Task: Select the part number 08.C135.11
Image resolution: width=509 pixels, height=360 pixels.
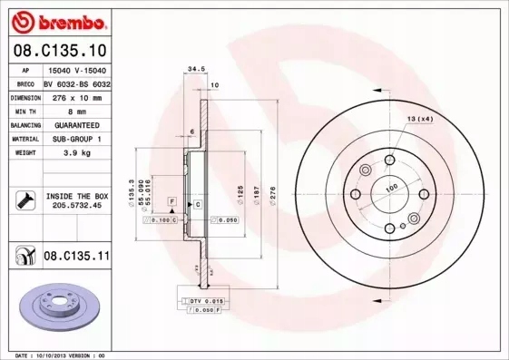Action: click(x=76, y=258)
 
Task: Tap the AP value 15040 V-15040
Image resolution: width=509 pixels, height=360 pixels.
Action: click(x=76, y=71)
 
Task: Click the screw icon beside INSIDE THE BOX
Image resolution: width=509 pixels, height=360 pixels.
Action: click(x=25, y=200)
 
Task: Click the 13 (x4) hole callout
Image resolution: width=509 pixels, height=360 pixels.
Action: click(x=420, y=119)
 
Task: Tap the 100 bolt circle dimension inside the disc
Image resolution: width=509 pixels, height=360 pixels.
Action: click(x=392, y=188)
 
